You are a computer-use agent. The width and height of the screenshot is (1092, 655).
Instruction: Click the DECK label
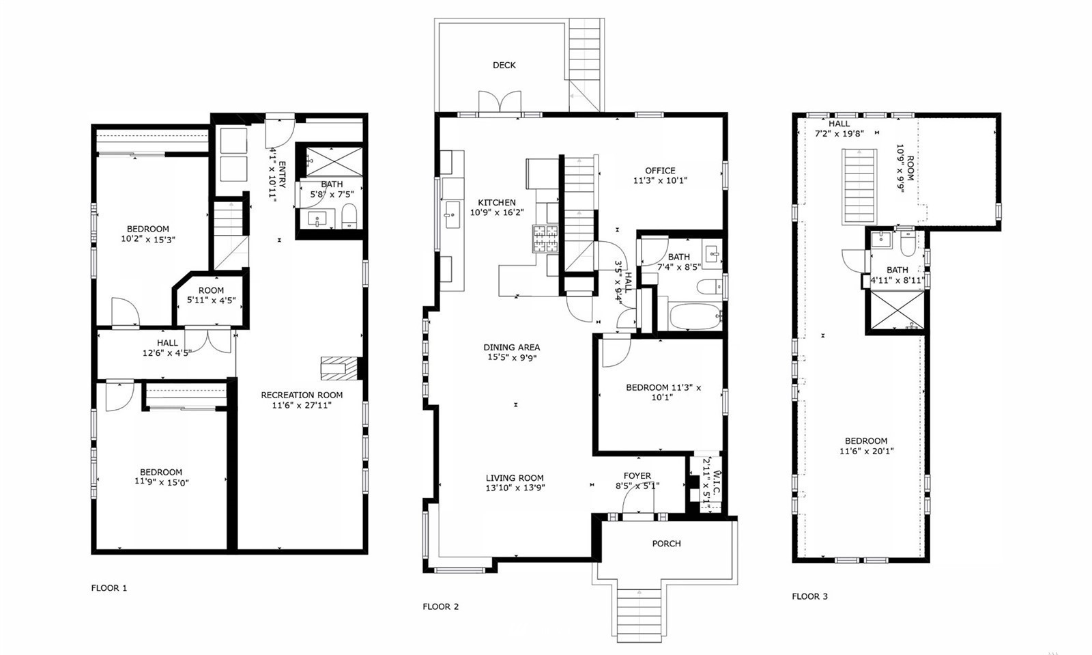pos(504,65)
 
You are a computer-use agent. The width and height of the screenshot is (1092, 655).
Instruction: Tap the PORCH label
pos(666,543)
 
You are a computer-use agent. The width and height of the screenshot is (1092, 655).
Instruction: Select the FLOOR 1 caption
pos(109,587)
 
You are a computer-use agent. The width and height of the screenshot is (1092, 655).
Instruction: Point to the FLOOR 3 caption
pos(809,596)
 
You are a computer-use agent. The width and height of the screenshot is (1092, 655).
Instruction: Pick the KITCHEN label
pos(496,202)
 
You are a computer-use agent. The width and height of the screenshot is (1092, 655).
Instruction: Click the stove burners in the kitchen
pos(545,238)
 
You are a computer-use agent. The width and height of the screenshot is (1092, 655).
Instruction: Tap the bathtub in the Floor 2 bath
pos(695,316)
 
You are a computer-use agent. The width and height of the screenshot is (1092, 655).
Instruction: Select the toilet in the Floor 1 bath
pos(349,216)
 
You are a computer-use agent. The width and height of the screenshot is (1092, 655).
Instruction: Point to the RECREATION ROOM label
pos(302,395)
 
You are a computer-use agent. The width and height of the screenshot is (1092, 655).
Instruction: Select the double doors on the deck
pos(500,102)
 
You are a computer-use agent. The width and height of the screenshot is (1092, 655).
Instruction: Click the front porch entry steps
pos(639,615)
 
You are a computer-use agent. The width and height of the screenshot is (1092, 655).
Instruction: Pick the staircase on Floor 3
pos(859,186)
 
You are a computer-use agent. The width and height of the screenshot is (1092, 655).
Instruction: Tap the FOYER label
pos(637,475)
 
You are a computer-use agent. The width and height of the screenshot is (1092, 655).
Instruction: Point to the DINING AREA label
pos(511,347)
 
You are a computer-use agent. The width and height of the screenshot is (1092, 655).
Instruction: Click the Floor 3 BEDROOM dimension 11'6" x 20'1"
pos(866,451)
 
